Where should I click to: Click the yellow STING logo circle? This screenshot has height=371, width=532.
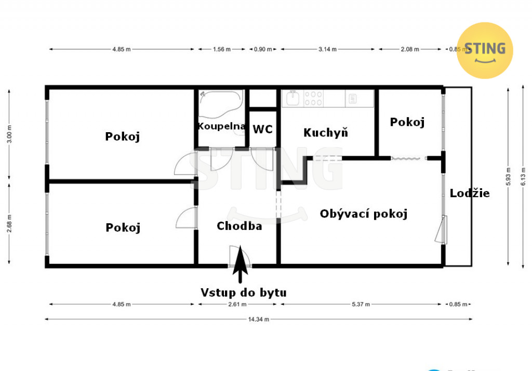[x=485, y=50]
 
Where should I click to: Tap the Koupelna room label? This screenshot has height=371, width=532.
[x=221, y=126]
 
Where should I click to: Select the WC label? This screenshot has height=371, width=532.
[x=262, y=129]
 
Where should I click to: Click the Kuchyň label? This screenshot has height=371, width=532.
[x=326, y=132]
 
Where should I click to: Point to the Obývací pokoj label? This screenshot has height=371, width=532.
[x=363, y=214]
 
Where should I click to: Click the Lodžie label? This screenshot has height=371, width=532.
[x=470, y=193]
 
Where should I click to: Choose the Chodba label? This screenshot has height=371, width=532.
[x=239, y=226]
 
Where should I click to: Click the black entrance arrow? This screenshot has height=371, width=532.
[x=240, y=264]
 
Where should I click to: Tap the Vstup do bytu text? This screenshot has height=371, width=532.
[x=243, y=292]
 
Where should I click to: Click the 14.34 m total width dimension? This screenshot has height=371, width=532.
[x=259, y=319]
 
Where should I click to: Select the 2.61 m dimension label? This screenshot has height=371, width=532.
[x=237, y=304]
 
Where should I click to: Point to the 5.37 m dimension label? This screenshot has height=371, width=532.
[x=361, y=304]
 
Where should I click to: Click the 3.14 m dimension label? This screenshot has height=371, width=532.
[x=327, y=49]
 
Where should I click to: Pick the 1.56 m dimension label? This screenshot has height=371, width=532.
[x=221, y=49]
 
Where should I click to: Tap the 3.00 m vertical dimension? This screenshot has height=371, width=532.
[x=9, y=134]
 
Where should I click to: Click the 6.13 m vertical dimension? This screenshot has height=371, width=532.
[x=523, y=177]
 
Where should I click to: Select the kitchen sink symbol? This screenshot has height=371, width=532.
[x=292, y=98]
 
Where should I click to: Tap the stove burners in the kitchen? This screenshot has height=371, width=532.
[x=313, y=98]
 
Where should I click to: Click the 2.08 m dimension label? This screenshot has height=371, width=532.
[x=410, y=49]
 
